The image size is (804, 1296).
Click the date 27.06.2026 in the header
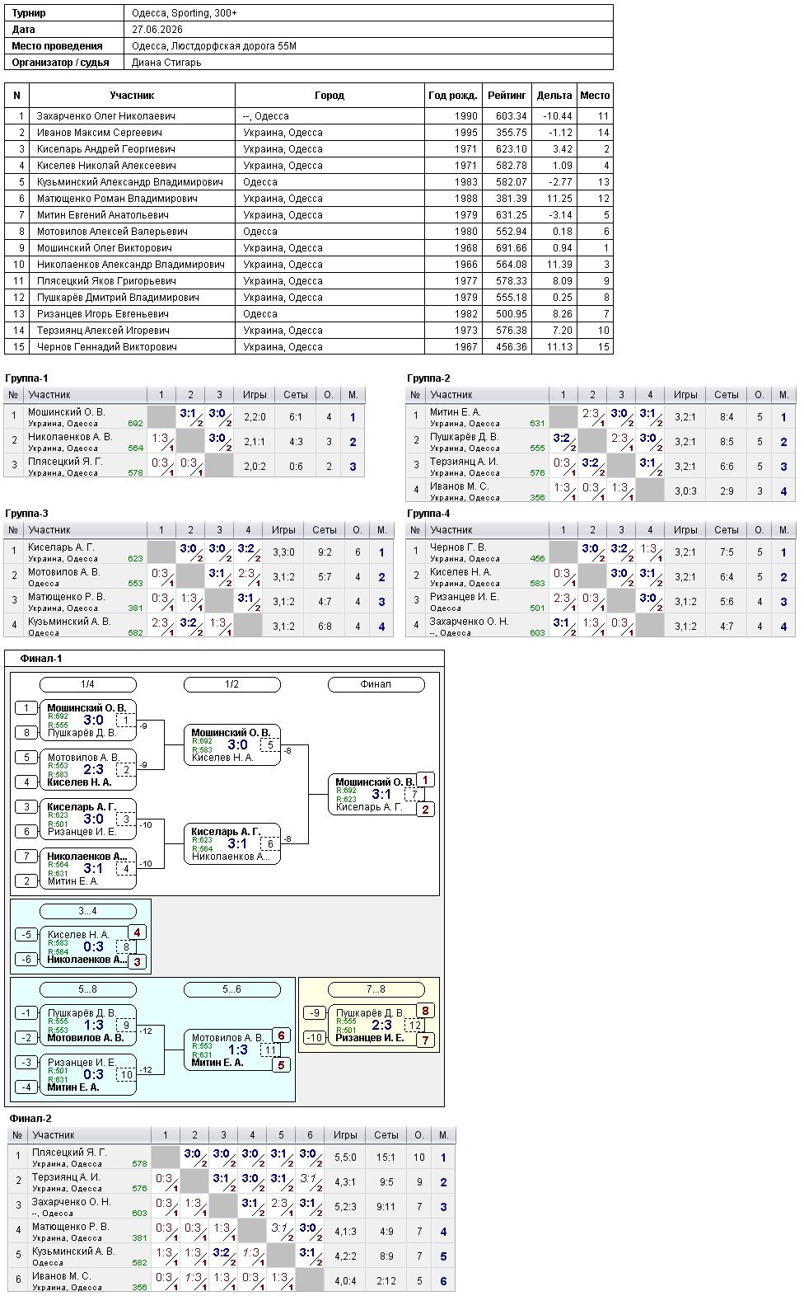[157, 30]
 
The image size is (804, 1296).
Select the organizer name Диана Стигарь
[166, 63]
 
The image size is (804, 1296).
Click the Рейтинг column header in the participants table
[507, 96]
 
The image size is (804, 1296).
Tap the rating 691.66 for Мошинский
[512, 247]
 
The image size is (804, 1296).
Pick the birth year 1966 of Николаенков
[466, 265]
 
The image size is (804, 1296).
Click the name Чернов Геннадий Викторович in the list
[107, 347]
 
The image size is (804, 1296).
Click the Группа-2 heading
[428, 378]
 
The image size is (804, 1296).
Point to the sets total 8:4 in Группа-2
[726, 417]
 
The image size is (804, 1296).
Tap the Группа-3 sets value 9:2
[325, 552]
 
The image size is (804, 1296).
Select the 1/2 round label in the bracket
[231, 684]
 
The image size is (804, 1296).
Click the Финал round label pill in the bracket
[376, 684]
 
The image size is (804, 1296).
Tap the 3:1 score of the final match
[381, 795]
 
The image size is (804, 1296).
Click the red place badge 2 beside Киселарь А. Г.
[425, 810]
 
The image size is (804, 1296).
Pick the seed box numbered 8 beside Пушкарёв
[26, 732]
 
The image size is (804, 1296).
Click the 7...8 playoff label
[376, 989]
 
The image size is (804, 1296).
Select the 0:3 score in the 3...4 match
[93, 946]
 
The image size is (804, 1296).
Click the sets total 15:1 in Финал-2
[386, 1157]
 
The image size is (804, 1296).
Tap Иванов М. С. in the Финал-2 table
[58, 1275]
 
